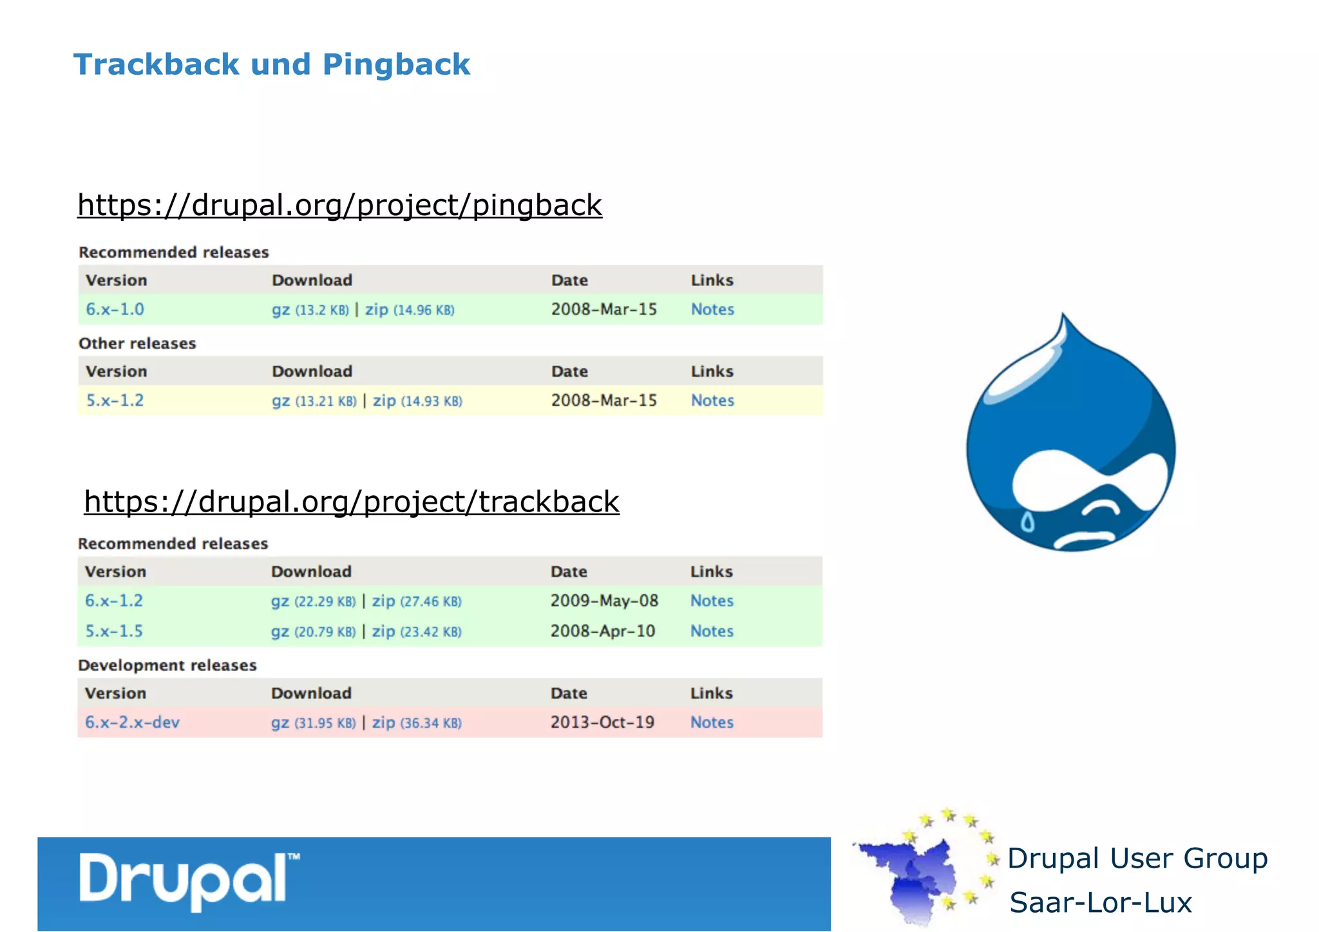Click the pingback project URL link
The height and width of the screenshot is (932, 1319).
339,205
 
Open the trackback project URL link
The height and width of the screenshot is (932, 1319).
352,502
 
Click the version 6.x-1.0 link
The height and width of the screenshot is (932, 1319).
115,309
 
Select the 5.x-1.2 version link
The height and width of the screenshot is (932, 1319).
115,401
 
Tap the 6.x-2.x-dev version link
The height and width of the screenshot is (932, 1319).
132,723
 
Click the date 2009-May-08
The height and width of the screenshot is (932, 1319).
604,601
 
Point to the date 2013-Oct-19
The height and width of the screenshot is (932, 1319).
602,723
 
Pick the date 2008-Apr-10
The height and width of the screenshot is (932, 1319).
603,631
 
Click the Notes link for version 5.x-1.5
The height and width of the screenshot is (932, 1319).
712,631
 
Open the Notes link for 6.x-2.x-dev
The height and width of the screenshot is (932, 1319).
712,723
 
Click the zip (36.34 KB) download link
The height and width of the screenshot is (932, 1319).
417,723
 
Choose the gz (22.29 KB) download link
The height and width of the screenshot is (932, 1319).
313,601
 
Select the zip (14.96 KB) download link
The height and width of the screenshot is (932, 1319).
410,310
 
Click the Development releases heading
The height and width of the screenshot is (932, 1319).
167,665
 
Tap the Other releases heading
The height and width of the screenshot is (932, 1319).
137,343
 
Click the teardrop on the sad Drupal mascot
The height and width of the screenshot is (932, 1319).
1028,521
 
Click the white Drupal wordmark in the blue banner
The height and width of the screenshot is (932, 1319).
187,880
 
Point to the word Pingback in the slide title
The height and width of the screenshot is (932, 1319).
396,64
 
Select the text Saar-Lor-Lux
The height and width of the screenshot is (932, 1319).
1101,902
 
